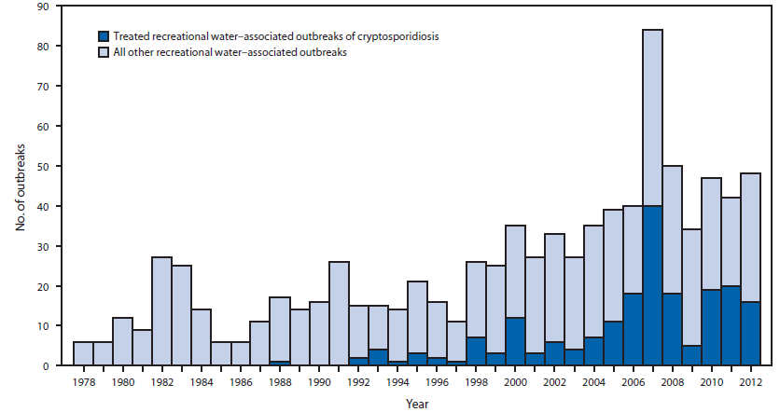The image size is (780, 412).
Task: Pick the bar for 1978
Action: [84, 353]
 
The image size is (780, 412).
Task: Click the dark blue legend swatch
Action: [104, 36]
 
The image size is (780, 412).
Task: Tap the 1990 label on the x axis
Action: [319, 381]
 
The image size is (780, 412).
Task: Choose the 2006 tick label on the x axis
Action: [633, 381]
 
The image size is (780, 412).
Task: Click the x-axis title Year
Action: [417, 403]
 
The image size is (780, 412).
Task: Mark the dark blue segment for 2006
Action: [633, 330]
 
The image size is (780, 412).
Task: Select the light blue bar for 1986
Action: [241, 353]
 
